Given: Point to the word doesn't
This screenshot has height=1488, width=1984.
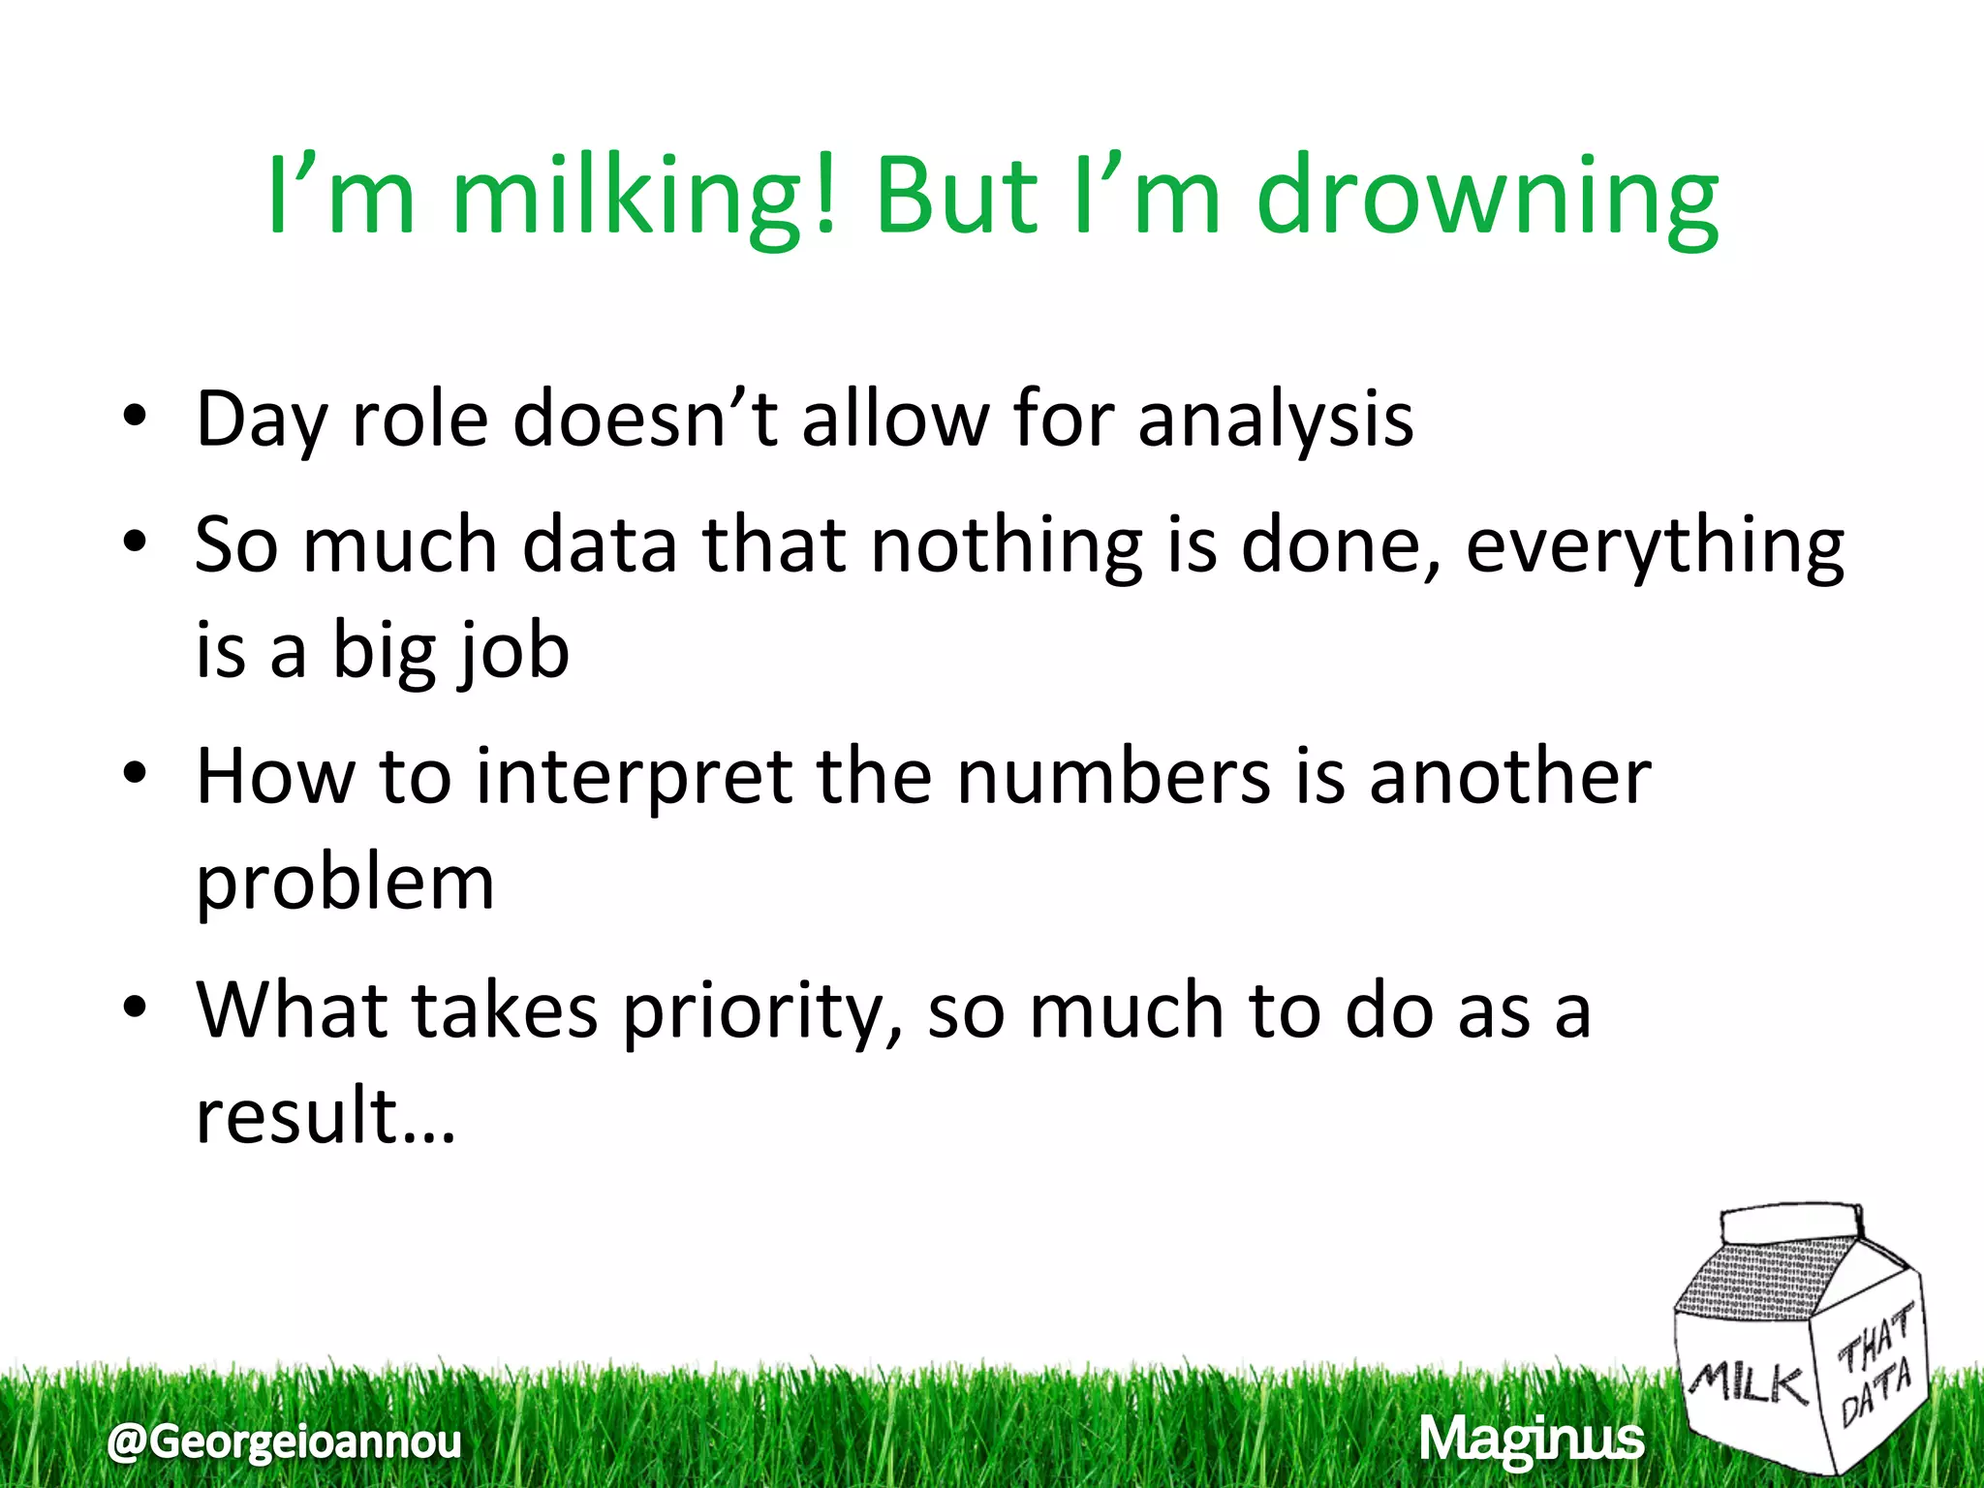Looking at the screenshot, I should [645, 419].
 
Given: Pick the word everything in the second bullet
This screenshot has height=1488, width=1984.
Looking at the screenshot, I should [1655, 545].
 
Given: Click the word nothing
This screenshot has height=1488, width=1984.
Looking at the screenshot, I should [1007, 545].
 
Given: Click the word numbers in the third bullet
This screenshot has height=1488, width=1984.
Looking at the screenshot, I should [1113, 777].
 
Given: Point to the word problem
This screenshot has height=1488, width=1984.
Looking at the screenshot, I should [346, 883].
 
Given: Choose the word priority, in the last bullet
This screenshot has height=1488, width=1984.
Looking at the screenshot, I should [762, 1010].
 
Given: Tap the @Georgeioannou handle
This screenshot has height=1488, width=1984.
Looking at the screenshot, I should [285, 1441].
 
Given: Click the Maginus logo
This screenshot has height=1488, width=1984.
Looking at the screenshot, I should [1532, 1440].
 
